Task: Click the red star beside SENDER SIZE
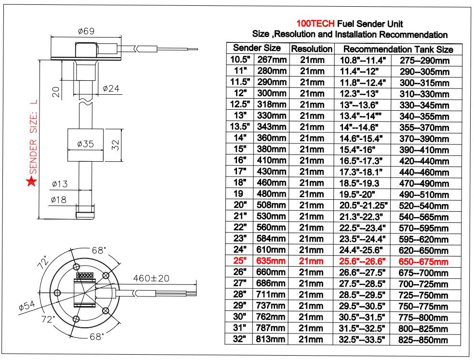[x=31, y=181]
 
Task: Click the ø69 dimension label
[x=86, y=31]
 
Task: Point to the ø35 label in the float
[x=86, y=144]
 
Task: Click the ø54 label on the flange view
[x=27, y=306]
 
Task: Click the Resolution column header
[x=312, y=49]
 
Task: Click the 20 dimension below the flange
[x=56, y=91]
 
